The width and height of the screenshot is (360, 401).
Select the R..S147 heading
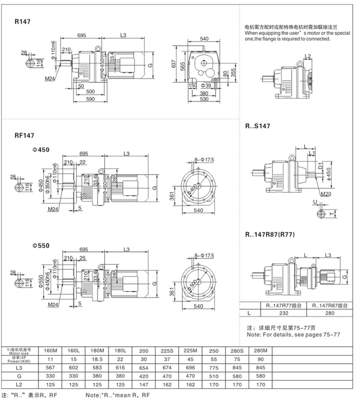click(x=258, y=126)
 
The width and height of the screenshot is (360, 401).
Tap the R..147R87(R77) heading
click(x=270, y=235)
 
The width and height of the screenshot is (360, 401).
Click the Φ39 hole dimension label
click(x=206, y=86)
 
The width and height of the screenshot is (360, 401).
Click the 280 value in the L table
click(x=329, y=314)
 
